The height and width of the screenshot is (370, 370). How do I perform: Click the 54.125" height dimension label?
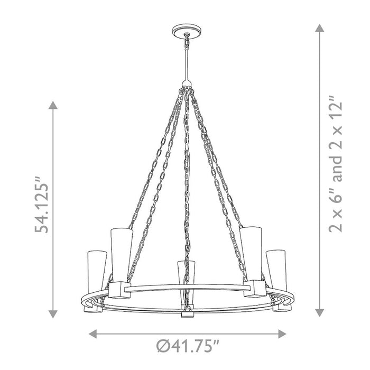pyautogui.click(x=42, y=204)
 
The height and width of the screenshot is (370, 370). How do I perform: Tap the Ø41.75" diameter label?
pyautogui.click(x=188, y=346)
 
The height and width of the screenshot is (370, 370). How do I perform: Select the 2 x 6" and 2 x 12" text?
pyautogui.click(x=335, y=164)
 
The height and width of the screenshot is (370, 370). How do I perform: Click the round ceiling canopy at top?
pyautogui.click(x=187, y=31)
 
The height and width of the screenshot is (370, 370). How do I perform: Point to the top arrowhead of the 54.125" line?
pyautogui.click(x=53, y=105)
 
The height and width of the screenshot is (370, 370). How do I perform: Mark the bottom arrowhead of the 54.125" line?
pyautogui.click(x=53, y=314)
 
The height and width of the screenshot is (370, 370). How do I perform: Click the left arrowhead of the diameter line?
pyautogui.click(x=92, y=334)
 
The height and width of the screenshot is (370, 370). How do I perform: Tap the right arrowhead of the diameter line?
pyautogui.click(x=282, y=334)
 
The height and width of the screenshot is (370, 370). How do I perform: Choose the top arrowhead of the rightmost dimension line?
pyautogui.click(x=319, y=28)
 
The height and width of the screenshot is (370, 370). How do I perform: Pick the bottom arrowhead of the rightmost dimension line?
pyautogui.click(x=319, y=312)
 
